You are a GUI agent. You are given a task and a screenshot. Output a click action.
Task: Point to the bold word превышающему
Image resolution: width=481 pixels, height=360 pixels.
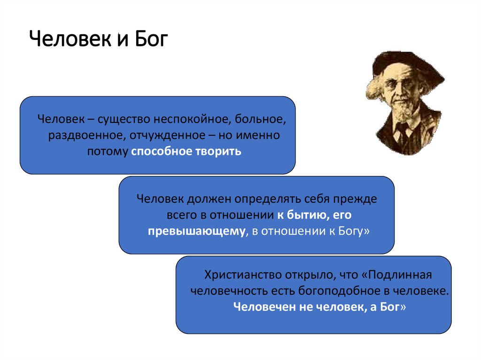(196, 231)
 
